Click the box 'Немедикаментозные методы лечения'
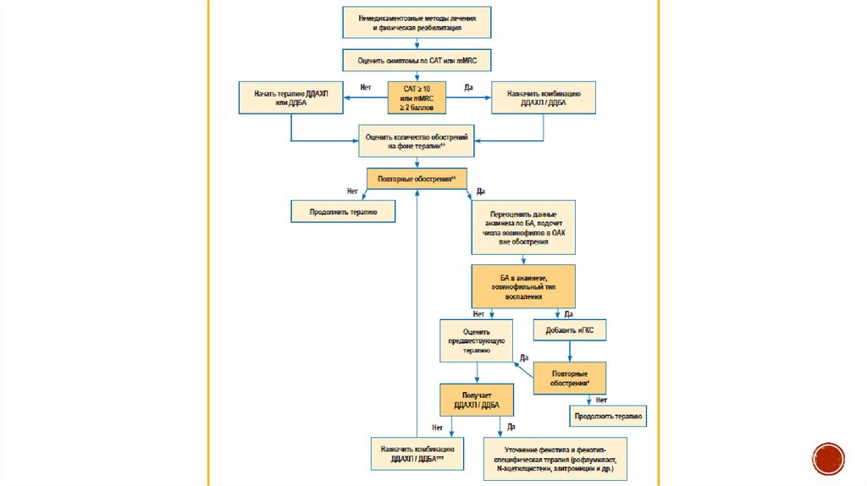point(417,22)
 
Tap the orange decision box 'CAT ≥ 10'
point(417,97)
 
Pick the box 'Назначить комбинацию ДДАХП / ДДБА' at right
point(544,98)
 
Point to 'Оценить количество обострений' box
point(417,141)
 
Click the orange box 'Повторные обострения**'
point(417,179)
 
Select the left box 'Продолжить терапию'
point(343,211)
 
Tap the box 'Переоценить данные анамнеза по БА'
point(523,226)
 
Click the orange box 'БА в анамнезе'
point(523,286)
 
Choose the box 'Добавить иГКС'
point(569,329)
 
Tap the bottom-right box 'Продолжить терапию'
point(607,416)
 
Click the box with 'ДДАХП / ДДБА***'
point(412,454)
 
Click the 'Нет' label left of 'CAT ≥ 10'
point(366,87)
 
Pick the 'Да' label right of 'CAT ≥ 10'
point(468,87)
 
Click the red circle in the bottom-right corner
point(828,458)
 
